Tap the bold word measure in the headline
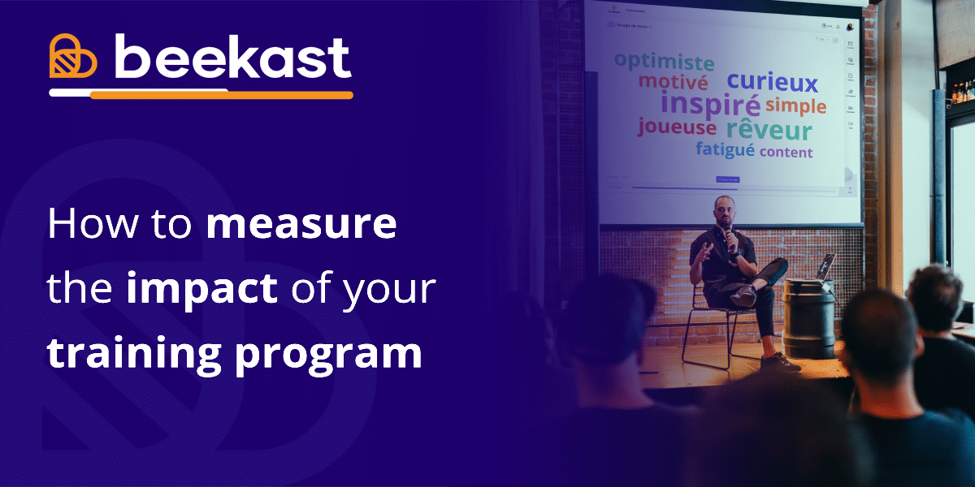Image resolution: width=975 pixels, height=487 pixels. (x=301, y=224)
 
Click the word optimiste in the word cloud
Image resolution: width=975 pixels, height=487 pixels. (x=664, y=62)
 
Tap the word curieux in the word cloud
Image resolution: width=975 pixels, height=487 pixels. (x=772, y=81)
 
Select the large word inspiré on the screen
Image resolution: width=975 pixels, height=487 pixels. (x=710, y=104)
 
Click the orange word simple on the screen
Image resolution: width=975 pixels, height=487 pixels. (x=795, y=106)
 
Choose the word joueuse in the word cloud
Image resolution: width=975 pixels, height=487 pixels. (x=677, y=127)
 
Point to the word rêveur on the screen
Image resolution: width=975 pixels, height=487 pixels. (x=769, y=130)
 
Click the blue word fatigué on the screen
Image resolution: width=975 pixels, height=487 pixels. (x=725, y=149)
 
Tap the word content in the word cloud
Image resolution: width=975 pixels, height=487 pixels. (x=786, y=152)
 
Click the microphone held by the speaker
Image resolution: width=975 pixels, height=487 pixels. (x=730, y=237)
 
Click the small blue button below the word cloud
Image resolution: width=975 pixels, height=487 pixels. (x=727, y=179)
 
